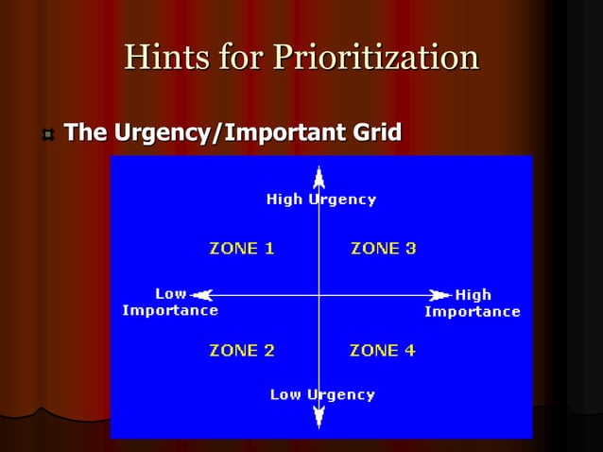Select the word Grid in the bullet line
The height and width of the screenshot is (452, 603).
click(376, 133)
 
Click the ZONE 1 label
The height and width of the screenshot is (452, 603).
click(241, 249)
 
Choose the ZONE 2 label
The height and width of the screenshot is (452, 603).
click(241, 350)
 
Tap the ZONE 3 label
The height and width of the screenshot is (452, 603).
click(383, 249)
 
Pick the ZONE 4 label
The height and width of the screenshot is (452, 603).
click(382, 350)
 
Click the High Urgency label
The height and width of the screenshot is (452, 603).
click(320, 200)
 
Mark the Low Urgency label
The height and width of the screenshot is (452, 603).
click(321, 394)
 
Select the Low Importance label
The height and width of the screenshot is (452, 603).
click(171, 302)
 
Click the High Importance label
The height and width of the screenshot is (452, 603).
click(472, 303)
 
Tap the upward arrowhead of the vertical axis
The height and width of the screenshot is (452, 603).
click(319, 176)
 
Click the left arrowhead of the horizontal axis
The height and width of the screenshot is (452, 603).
click(200, 295)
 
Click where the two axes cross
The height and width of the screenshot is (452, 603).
click(319, 295)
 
